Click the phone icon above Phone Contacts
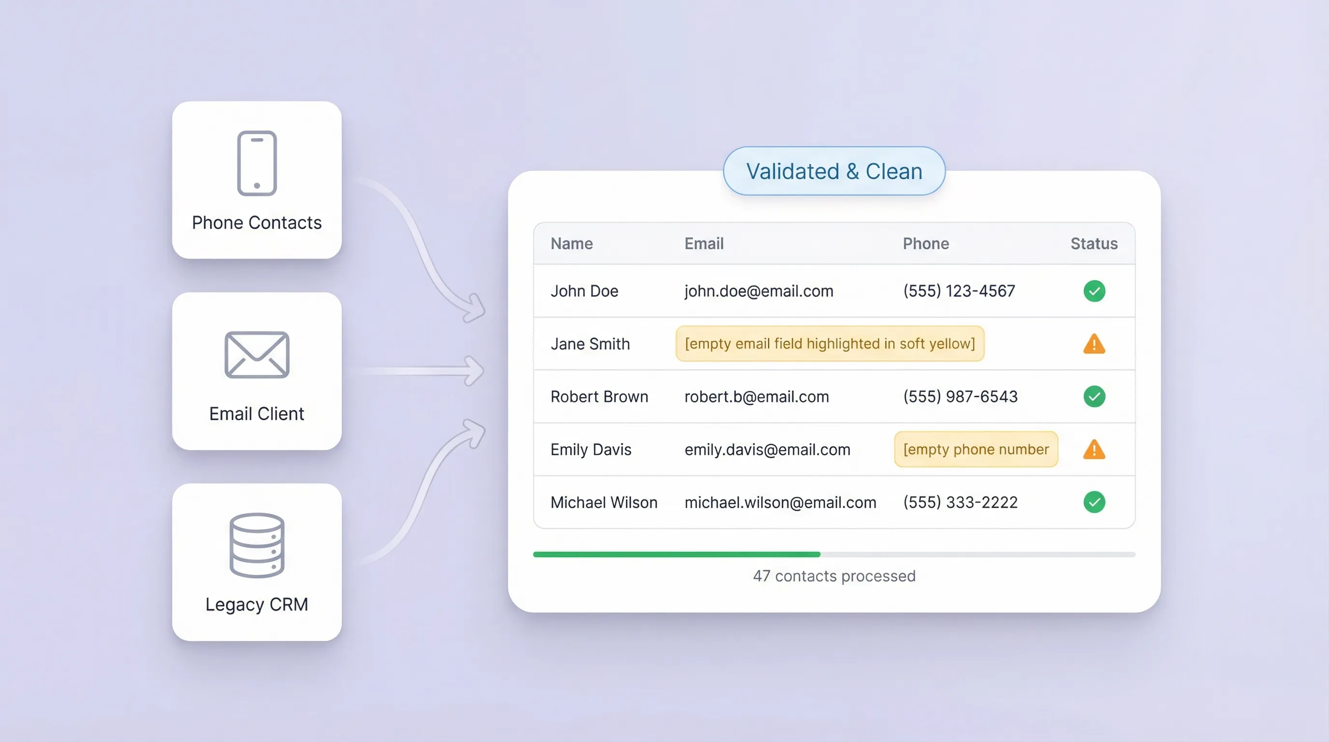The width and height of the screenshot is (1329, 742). click(256, 163)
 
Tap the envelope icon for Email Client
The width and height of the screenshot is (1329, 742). click(256, 355)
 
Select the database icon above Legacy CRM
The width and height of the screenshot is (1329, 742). click(256, 545)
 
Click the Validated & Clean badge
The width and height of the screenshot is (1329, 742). click(834, 171)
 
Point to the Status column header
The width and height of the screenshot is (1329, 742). click(1094, 243)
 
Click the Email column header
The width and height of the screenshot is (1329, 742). click(704, 243)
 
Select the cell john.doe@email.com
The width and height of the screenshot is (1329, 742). click(758, 291)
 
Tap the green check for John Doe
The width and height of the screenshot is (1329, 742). click(1094, 291)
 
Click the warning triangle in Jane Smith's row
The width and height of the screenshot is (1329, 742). click(1094, 344)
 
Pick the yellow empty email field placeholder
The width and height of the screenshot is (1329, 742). click(830, 343)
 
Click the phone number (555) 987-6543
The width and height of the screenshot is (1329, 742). click(960, 396)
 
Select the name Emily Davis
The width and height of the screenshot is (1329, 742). click(591, 449)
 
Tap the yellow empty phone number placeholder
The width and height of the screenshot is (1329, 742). click(976, 449)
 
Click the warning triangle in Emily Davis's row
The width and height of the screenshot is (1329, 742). click(1094, 449)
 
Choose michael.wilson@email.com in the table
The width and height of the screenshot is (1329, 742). click(780, 502)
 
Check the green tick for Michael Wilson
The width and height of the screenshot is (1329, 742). click(1094, 502)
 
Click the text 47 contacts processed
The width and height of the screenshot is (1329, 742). click(834, 576)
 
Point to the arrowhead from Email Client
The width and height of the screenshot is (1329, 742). click(474, 371)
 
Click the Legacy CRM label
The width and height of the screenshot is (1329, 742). click(256, 604)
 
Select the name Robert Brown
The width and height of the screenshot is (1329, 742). click(599, 396)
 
